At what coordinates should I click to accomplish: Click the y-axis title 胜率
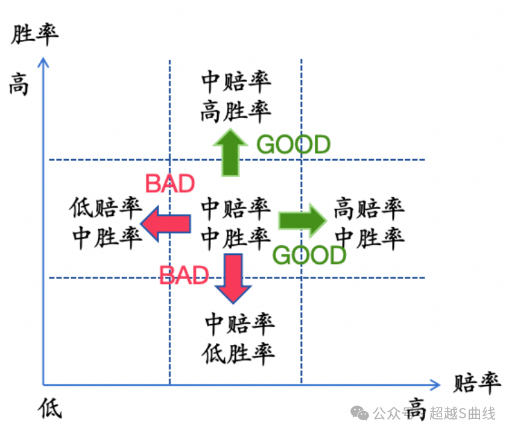(35, 34)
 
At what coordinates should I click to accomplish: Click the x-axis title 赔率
(476, 383)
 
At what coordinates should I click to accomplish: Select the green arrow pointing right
(302, 220)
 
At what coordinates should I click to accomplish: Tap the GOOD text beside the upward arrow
(294, 145)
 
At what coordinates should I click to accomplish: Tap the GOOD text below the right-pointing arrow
(309, 256)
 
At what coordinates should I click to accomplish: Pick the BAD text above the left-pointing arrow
(170, 184)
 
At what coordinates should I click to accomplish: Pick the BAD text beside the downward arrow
(184, 275)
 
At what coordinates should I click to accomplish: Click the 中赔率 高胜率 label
(236, 96)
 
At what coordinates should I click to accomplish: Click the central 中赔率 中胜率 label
(236, 224)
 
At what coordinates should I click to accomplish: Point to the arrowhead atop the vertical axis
(42, 61)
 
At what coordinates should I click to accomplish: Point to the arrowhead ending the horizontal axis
(435, 384)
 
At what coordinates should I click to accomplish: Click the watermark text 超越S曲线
(463, 414)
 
